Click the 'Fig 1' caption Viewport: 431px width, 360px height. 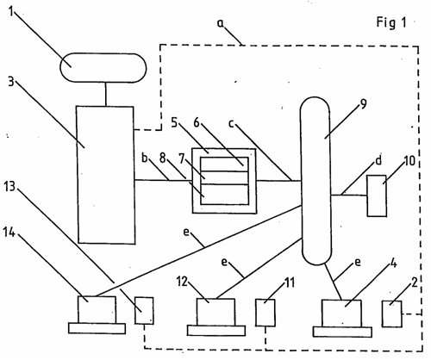391,22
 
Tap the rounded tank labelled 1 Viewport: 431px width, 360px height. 103,68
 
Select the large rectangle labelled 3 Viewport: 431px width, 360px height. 106,175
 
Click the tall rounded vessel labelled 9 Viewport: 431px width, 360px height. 315,181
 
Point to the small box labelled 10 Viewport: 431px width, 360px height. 377,196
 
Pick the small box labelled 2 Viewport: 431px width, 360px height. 392,313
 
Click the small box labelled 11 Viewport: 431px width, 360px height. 265,313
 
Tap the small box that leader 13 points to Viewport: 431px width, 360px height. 144,311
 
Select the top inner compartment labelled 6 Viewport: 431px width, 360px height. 224,164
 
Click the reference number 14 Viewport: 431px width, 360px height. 9,232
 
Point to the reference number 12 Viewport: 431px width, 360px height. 182,282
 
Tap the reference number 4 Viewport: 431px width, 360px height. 394,263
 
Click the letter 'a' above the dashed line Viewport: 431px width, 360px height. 220,24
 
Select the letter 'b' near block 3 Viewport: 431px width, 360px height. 145,158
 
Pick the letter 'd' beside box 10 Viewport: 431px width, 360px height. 378,160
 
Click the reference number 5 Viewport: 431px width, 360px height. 174,122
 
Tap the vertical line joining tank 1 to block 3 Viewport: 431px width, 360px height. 106,95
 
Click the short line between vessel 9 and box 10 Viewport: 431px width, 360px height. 348,196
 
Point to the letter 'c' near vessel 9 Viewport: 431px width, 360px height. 231,124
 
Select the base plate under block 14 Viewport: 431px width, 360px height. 97,328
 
